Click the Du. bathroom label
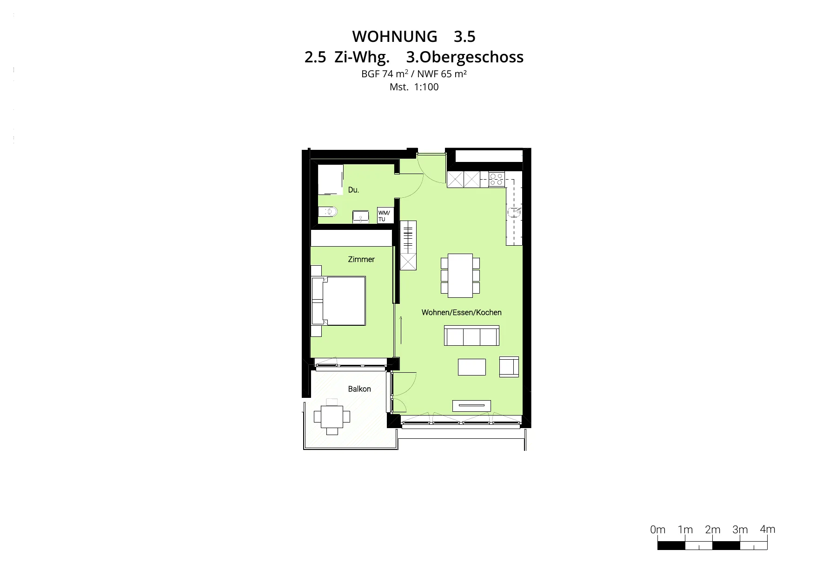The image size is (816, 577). [353, 190]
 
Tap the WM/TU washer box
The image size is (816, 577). [385, 215]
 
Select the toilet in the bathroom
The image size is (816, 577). [328, 212]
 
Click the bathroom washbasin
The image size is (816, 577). [360, 217]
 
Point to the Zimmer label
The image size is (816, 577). [361, 259]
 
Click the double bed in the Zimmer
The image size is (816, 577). [338, 301]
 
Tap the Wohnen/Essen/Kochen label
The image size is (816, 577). [461, 312]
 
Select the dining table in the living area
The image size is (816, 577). [460, 275]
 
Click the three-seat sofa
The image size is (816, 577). [471, 335]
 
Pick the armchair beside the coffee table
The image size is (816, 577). [509, 367]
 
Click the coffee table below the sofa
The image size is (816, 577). [472, 367]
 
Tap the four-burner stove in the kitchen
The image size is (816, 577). [497, 180]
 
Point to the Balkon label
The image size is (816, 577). [359, 389]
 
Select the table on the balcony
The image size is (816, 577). [332, 416]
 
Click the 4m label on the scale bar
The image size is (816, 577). [768, 529]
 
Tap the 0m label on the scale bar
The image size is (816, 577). [658, 530]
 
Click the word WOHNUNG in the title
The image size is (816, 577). [395, 36]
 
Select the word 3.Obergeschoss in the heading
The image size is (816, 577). [465, 57]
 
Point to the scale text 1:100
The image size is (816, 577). [426, 87]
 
